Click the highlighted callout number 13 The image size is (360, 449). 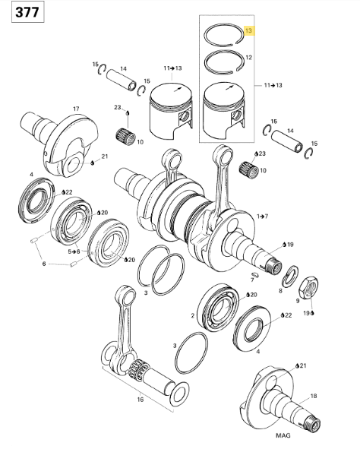(248, 30)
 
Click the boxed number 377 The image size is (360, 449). (27, 12)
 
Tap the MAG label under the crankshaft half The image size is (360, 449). (283, 435)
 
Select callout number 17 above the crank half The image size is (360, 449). (76, 109)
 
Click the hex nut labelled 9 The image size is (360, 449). (309, 287)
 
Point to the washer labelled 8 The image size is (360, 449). (290, 277)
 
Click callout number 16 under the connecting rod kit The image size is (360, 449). (140, 399)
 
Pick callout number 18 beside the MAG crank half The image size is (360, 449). (314, 396)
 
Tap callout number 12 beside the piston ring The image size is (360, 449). (248, 58)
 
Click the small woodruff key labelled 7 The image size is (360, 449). (255, 274)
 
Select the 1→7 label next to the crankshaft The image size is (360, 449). (263, 217)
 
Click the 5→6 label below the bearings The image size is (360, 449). (74, 251)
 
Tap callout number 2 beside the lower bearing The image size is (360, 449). (193, 315)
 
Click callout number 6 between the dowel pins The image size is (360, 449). (44, 264)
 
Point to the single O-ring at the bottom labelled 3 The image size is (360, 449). (191, 353)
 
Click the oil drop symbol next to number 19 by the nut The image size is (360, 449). (312, 313)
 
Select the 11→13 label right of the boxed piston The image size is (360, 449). (273, 85)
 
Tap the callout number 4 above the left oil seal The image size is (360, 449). (31, 175)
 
